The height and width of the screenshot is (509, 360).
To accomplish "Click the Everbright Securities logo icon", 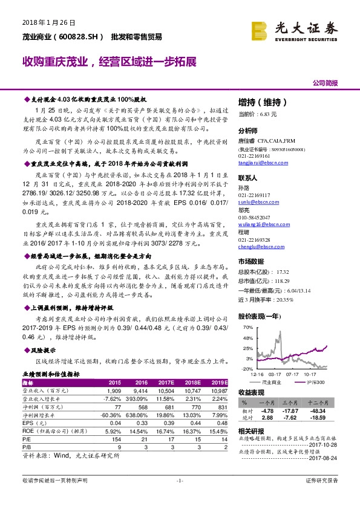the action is click(260, 30).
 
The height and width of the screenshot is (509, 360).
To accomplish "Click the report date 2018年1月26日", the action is click(48, 23).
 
